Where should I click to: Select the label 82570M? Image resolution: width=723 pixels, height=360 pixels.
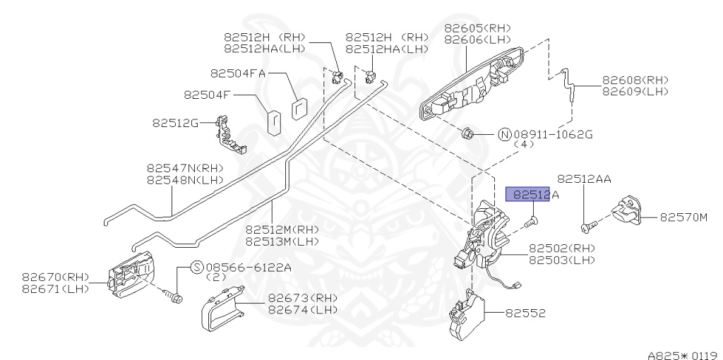point(683,217)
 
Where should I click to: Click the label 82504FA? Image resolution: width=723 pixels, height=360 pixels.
point(238,73)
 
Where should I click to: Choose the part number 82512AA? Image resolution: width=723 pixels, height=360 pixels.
point(584,179)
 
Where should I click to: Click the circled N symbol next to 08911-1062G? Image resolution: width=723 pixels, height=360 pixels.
point(505,134)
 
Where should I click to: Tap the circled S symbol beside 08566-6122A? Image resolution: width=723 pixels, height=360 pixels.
point(196,268)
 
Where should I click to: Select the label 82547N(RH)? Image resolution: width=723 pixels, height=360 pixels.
point(185,169)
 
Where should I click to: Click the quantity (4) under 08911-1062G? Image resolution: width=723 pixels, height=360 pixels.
point(523,144)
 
